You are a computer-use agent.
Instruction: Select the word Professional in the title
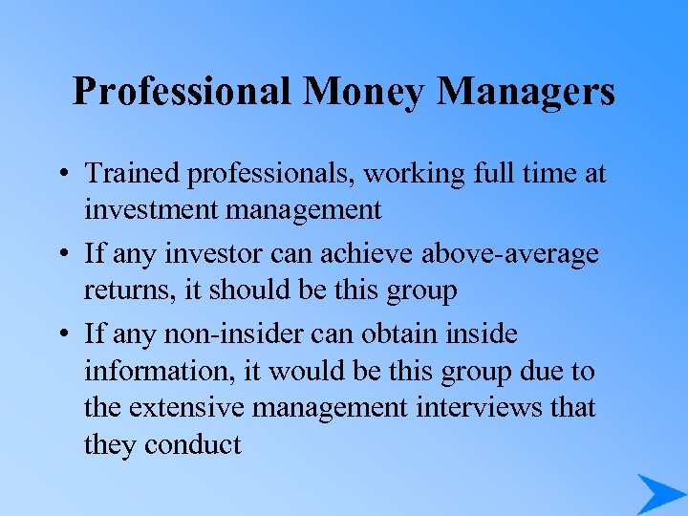pos(182,93)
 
